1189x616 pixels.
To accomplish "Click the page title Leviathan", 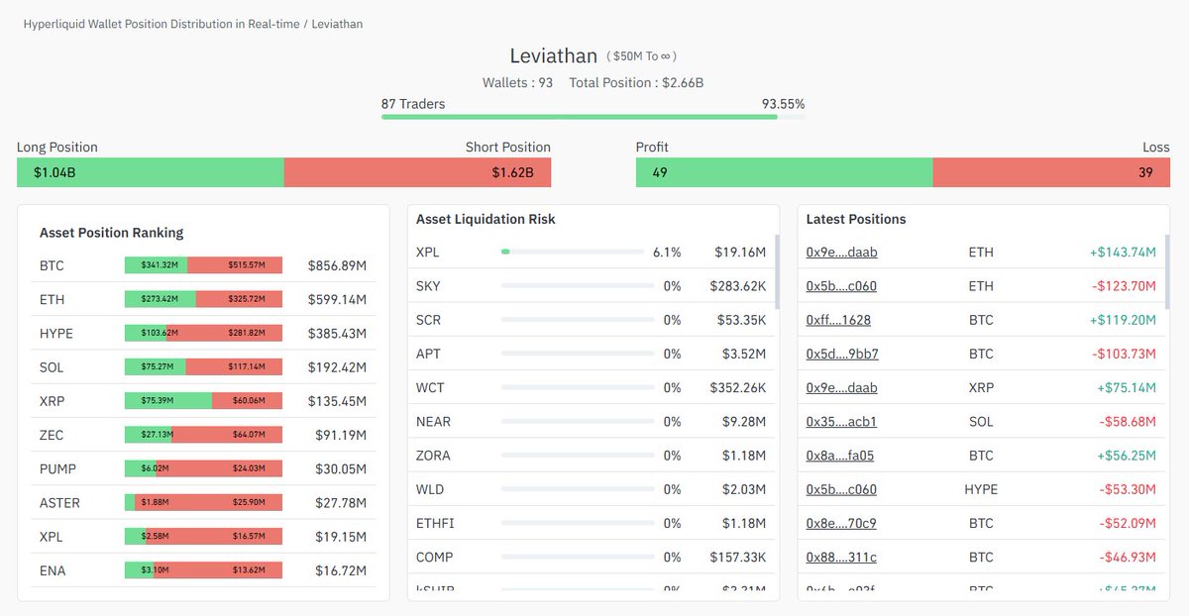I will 553,56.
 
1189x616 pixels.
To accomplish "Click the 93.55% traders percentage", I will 783,104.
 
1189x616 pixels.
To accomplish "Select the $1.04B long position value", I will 54,172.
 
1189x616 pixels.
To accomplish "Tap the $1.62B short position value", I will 512,172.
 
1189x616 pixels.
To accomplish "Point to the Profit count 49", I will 660,172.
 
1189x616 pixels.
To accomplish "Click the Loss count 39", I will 1146,172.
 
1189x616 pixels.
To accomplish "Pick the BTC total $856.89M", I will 337,265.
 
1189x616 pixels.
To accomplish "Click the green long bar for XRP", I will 168,401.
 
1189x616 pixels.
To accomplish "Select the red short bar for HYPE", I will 234,334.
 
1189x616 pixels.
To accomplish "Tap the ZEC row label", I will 52,435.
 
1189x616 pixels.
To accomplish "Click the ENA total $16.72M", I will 337,570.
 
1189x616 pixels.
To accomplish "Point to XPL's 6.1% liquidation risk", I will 666,253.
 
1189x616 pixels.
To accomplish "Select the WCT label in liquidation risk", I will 431,388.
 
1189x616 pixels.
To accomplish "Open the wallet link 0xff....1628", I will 838,320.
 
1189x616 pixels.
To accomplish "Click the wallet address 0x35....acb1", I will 841,422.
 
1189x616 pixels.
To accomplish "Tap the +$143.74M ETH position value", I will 1123,253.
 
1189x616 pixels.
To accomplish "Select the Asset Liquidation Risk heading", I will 486,219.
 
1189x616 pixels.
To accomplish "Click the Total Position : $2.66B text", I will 636,83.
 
